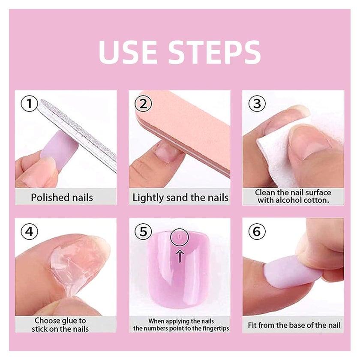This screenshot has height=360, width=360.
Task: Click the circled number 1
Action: [x=29, y=104]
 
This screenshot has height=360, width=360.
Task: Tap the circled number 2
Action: [x=143, y=104]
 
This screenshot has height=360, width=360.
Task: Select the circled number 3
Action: [x=257, y=104]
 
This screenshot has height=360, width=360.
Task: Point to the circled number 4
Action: [x=29, y=231]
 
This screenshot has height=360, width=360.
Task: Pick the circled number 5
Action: [x=143, y=231]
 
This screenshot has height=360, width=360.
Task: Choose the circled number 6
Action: [x=257, y=231]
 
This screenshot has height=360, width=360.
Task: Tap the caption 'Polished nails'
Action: [x=62, y=198]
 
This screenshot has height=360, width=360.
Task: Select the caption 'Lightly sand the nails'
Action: [x=180, y=198]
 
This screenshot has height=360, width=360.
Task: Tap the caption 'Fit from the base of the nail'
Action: [x=294, y=325]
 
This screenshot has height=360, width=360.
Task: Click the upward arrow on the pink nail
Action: [x=180, y=256]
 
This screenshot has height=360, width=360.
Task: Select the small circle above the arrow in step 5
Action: [x=179, y=237]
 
